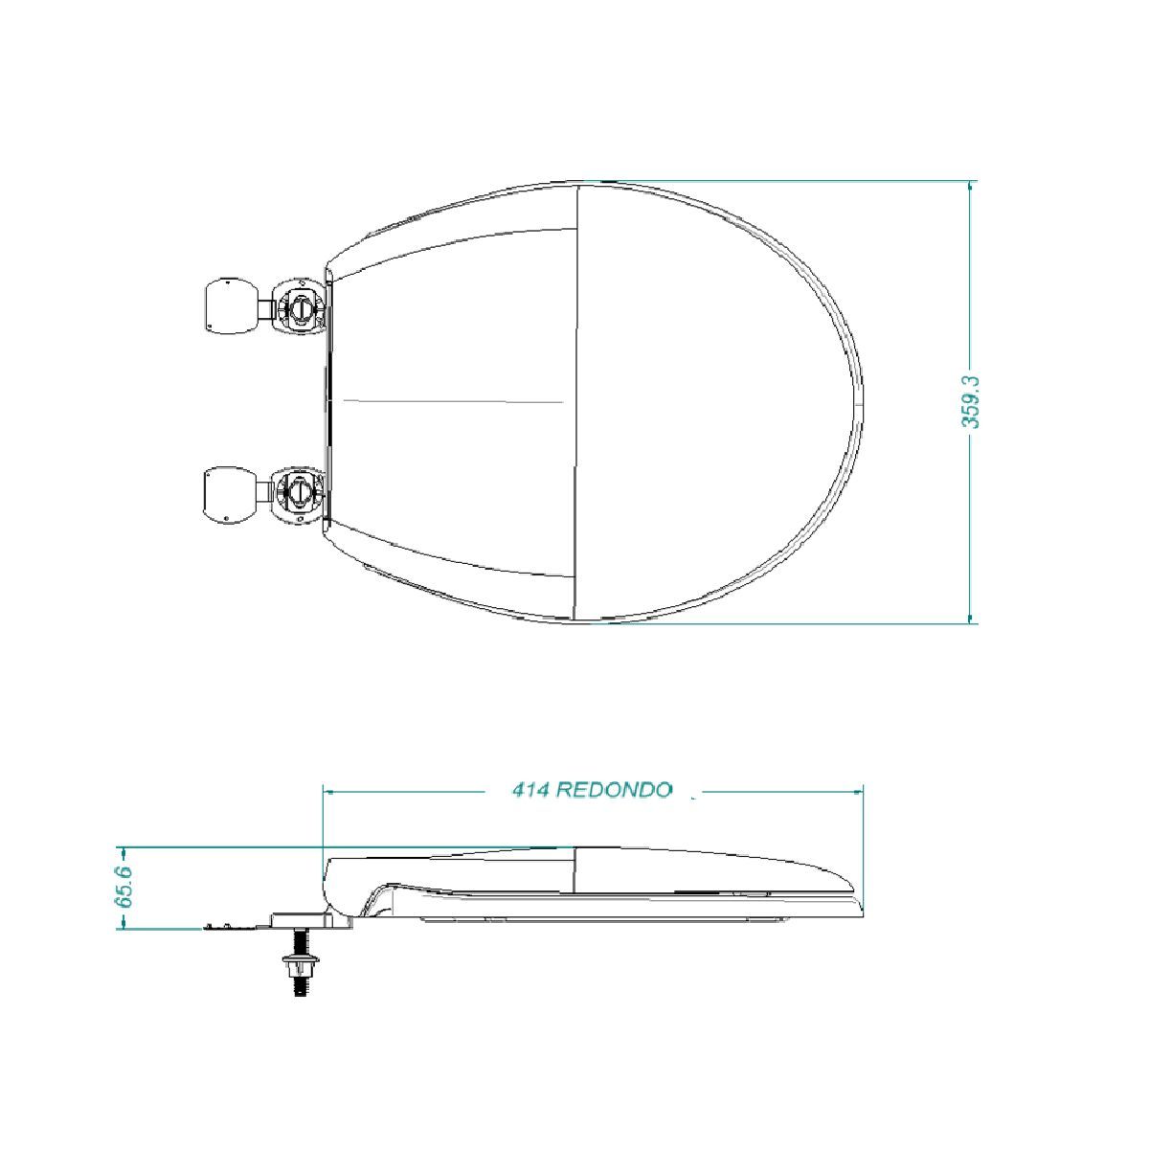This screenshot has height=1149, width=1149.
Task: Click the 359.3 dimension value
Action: (x=971, y=402)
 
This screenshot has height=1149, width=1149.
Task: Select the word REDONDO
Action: (x=615, y=791)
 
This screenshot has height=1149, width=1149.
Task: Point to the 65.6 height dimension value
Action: (x=125, y=888)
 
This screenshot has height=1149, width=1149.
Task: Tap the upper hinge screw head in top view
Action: (x=300, y=308)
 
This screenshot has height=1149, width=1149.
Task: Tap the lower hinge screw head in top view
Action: (x=298, y=491)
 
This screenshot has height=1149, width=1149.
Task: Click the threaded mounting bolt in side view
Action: (x=301, y=962)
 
